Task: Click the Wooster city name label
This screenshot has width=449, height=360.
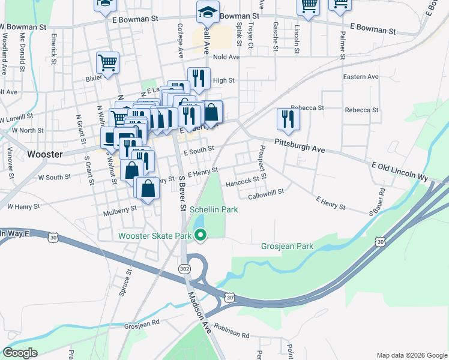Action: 45,154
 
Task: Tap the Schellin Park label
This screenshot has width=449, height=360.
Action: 214,209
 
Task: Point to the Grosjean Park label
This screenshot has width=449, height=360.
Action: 287,246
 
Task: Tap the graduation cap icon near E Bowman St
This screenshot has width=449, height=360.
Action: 208,12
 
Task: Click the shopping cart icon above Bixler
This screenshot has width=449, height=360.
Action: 107,62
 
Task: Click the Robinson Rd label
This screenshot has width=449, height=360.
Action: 231,331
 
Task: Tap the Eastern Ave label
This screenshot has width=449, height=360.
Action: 361,77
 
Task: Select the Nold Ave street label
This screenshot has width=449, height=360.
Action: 226,57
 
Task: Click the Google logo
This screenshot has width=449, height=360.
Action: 19,353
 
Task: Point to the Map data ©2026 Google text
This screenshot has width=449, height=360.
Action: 411,355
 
